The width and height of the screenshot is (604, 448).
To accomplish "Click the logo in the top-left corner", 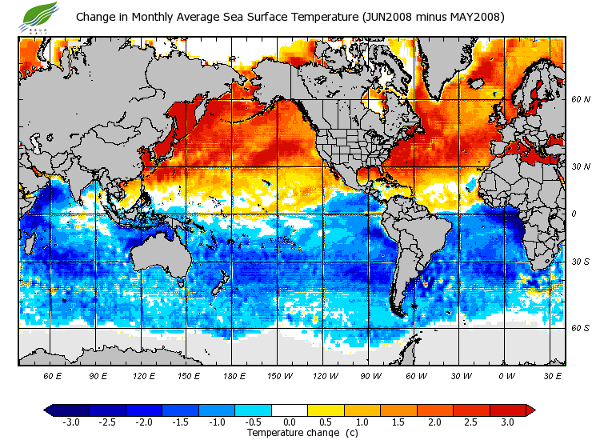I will pos(41,16).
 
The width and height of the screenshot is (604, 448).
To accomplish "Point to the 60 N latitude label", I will pos(580,99).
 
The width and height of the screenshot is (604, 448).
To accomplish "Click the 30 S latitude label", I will pos(580,262).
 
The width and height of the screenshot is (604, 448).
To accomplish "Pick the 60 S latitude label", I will pos(580,327).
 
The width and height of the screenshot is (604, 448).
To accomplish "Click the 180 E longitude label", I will pos(234,376).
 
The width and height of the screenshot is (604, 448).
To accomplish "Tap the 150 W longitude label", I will pos(279,376).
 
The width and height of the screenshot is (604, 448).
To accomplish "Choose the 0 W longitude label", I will pos(506,376).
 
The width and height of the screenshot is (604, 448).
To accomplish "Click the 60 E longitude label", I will pos(52,376).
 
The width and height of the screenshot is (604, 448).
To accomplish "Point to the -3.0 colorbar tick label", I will pos(70,422).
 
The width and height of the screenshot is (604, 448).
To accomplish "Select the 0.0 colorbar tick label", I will pos(290,422).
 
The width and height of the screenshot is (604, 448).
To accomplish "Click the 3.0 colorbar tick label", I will pos(508,422).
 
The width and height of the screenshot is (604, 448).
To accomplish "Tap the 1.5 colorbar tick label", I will pos(399,422).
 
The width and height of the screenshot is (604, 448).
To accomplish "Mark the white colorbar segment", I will pos(290,410).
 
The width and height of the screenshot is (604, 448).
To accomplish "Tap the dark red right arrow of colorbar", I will pos(530,410).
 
